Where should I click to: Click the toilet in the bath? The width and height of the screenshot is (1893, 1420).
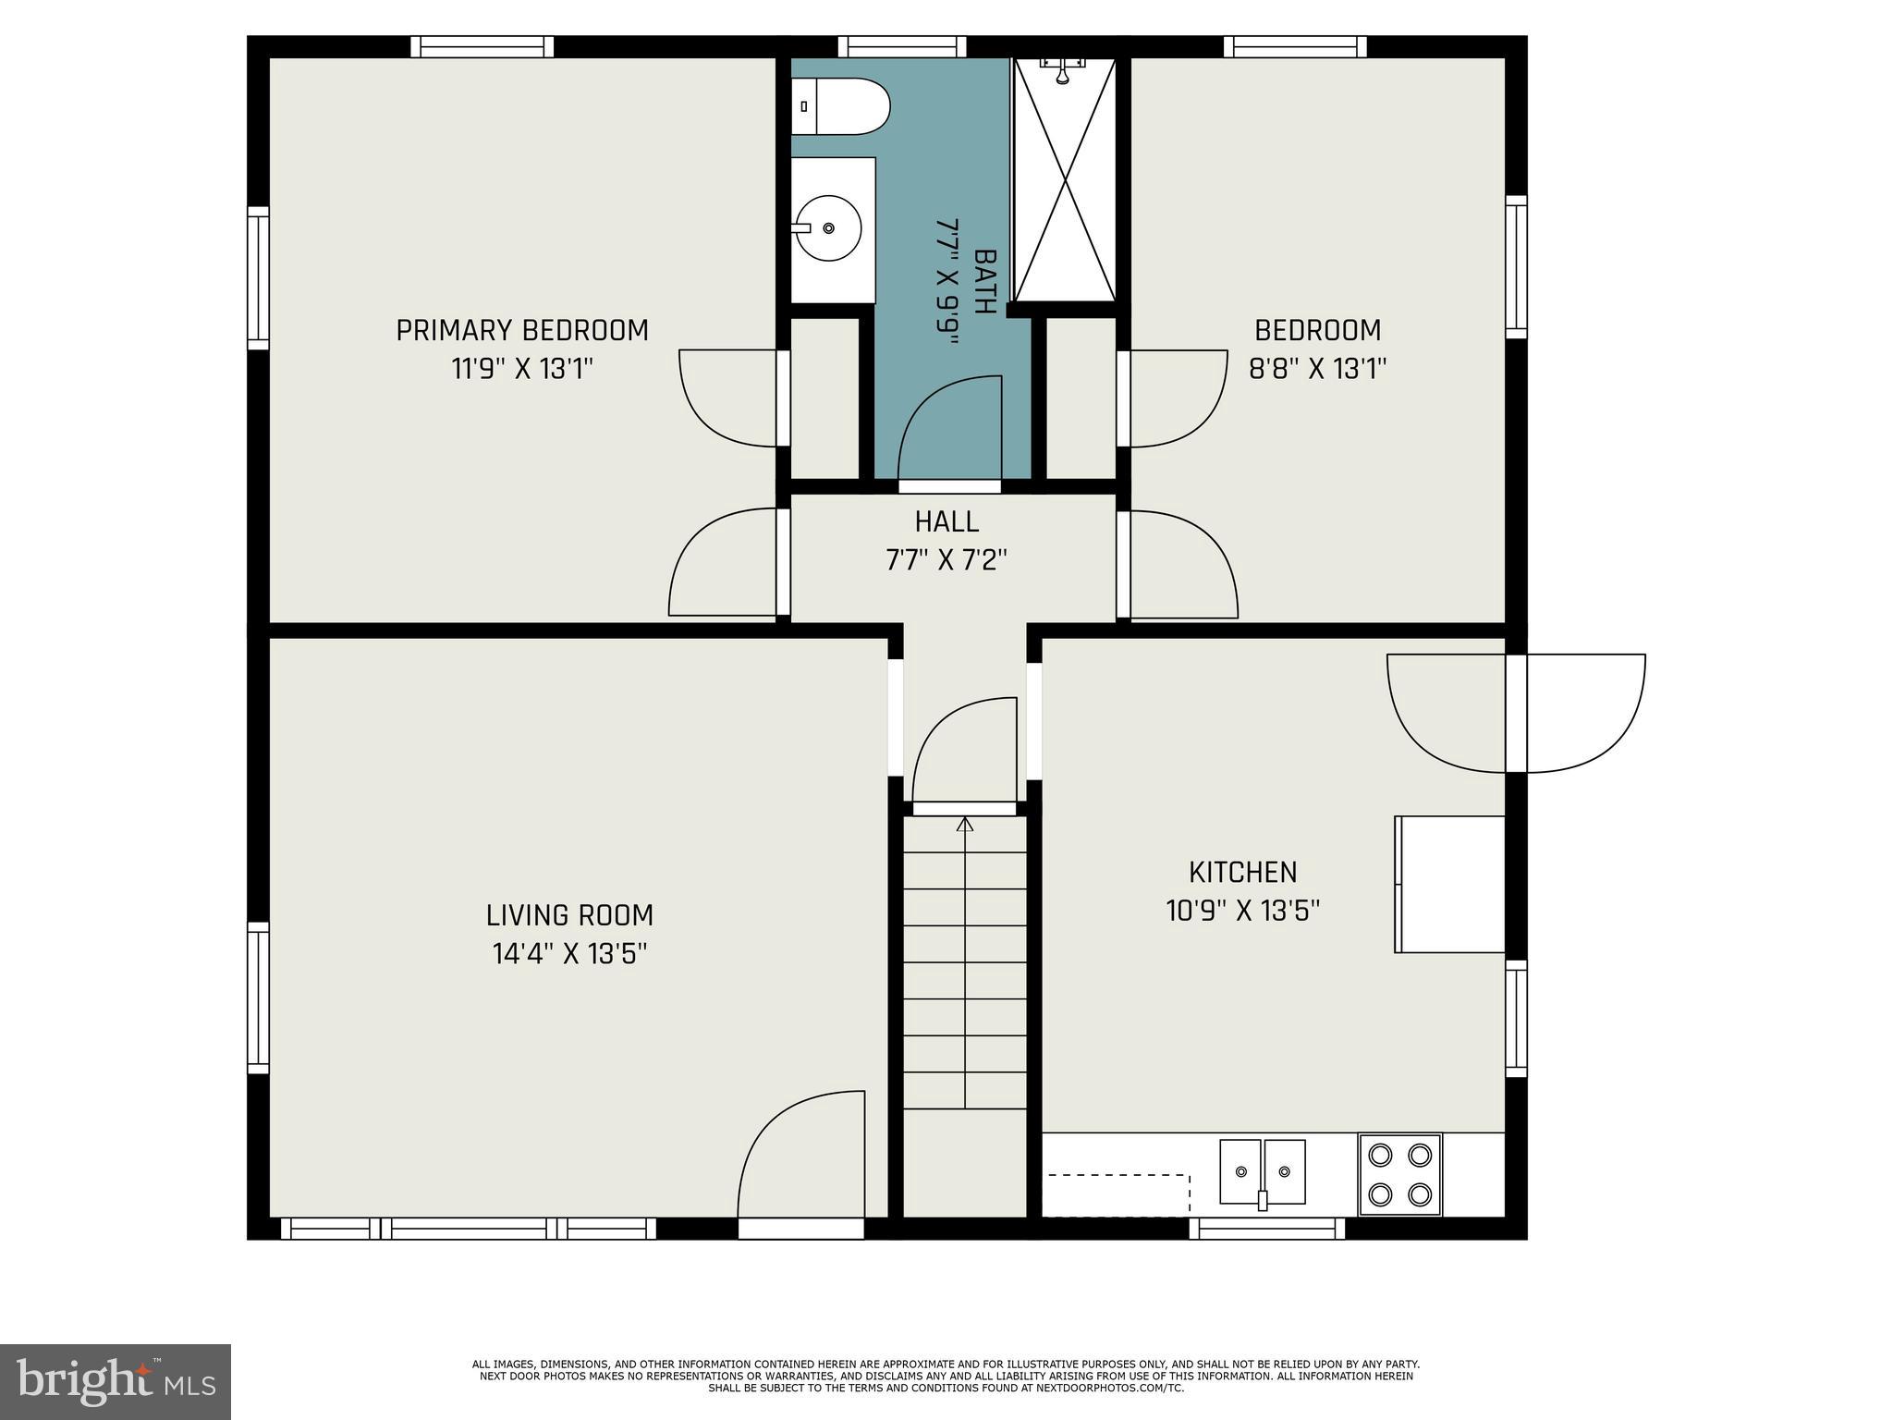click(840, 106)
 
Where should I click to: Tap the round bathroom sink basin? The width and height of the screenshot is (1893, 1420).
click(827, 227)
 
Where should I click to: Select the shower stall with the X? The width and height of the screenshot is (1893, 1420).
click(1065, 179)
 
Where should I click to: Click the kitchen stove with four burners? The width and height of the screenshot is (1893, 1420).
click(1399, 1174)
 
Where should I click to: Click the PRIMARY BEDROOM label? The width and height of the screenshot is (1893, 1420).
click(522, 330)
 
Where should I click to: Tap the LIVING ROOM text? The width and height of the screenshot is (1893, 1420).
click(569, 915)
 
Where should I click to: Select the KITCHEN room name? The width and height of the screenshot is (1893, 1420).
click(1242, 872)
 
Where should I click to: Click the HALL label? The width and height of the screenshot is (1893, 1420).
click(946, 522)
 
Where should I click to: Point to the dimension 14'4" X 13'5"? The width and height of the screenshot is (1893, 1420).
click(569, 953)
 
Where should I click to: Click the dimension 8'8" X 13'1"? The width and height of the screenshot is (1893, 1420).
click(1318, 369)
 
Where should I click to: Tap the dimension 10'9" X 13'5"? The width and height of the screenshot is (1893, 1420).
click(1242, 911)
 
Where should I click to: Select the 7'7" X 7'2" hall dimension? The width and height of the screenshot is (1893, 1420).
click(946, 560)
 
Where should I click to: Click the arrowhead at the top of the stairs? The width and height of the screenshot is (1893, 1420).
click(965, 824)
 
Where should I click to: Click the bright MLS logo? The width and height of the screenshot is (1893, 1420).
click(115, 1381)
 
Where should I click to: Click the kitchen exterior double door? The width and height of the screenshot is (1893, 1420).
click(1516, 713)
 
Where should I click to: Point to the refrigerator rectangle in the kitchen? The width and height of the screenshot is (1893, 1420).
click(1449, 884)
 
